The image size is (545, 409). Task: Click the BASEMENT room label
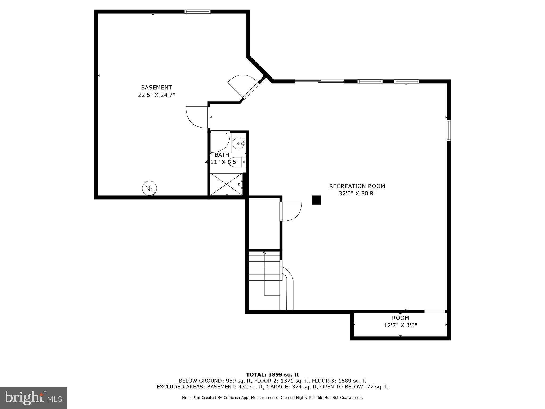coord(156,88)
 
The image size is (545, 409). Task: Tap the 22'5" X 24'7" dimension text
coord(156,95)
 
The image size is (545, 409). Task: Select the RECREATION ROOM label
coord(357,186)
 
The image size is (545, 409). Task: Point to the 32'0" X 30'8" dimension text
coord(357,194)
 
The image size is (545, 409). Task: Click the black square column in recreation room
coord(316,200)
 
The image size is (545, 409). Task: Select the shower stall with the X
coord(226,184)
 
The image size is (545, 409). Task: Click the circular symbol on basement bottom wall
coord(150,188)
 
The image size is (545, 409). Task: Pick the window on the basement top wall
coord(197,11)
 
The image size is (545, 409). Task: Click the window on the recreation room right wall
coord(448,130)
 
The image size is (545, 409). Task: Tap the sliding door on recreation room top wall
coord(319,81)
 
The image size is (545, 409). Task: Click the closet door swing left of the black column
coord(291,211)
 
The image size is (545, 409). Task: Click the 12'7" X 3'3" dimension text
coord(400,325)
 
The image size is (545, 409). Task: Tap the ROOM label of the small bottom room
coord(400,318)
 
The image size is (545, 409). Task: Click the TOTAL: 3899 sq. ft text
coord(272,375)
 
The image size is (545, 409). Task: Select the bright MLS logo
coord(33,398)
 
